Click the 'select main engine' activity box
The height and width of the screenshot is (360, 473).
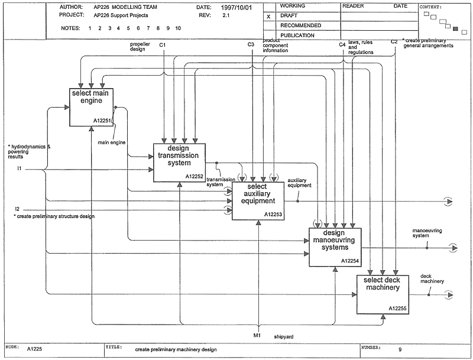pyautogui.click(x=91, y=107)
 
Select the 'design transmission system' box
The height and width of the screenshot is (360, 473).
pyautogui.click(x=180, y=163)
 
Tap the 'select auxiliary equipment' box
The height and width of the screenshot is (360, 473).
pyautogui.click(x=258, y=201)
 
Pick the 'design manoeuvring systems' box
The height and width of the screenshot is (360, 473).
pyautogui.click(x=335, y=247)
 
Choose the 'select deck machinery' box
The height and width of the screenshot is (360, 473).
pyautogui.click(x=383, y=294)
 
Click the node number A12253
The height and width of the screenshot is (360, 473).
pyautogui.click(x=273, y=215)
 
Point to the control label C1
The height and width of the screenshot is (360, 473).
pyautogui.click(x=162, y=45)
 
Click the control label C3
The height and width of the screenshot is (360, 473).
pyautogui.click(x=251, y=44)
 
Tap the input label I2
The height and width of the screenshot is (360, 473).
pyautogui.click(x=17, y=209)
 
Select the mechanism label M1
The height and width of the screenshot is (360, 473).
pyautogui.click(x=257, y=335)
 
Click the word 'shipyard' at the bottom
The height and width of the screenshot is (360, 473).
pyautogui.click(x=284, y=336)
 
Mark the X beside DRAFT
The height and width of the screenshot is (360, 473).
pyautogui.click(x=268, y=17)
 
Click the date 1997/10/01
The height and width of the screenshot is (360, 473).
pyautogui.click(x=236, y=8)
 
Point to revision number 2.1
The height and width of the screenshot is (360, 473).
pyautogui.click(x=226, y=15)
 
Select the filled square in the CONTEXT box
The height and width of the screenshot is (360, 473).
pyautogui.click(x=455, y=28)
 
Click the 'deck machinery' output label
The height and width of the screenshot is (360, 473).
pyautogui.click(x=432, y=278)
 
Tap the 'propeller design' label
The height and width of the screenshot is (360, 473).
pyautogui.click(x=140, y=47)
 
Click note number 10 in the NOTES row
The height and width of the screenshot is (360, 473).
pyautogui.click(x=178, y=28)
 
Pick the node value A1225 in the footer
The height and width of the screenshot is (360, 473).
pyautogui.click(x=34, y=349)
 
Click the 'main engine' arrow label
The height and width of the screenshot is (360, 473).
pyautogui.click(x=112, y=142)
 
